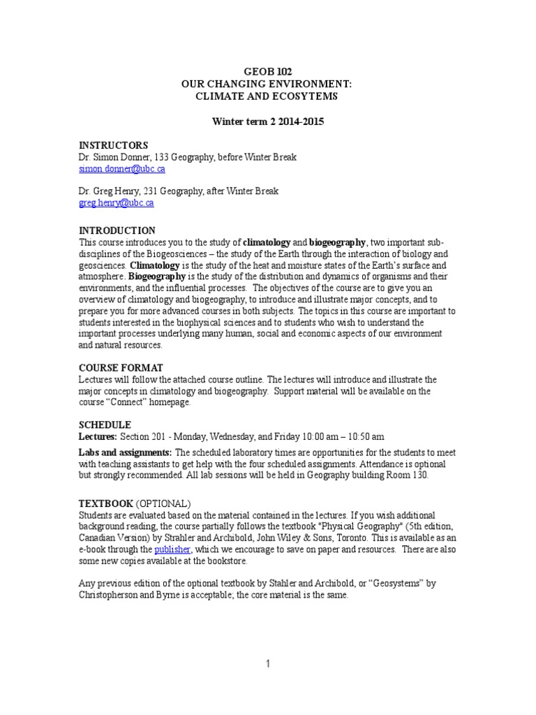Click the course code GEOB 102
click(x=268, y=72)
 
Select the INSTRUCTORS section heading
click(x=113, y=145)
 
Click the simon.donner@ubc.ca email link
click(x=121, y=168)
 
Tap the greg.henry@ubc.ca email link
click(x=116, y=203)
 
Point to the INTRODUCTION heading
click(x=117, y=230)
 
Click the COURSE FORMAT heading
click(x=121, y=368)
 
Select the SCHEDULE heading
click(x=105, y=425)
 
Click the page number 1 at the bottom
click(x=267, y=664)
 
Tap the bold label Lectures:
click(x=98, y=436)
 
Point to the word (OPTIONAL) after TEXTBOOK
click(x=163, y=503)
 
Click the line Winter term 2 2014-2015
click(x=268, y=121)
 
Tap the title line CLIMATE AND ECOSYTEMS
click(x=268, y=96)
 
